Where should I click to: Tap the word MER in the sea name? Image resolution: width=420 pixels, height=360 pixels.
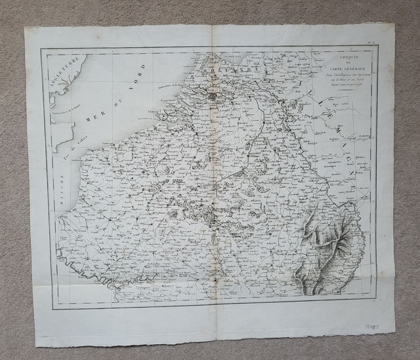click(x=98, y=116)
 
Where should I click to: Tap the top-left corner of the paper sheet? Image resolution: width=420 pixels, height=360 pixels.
click(x=26, y=28)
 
